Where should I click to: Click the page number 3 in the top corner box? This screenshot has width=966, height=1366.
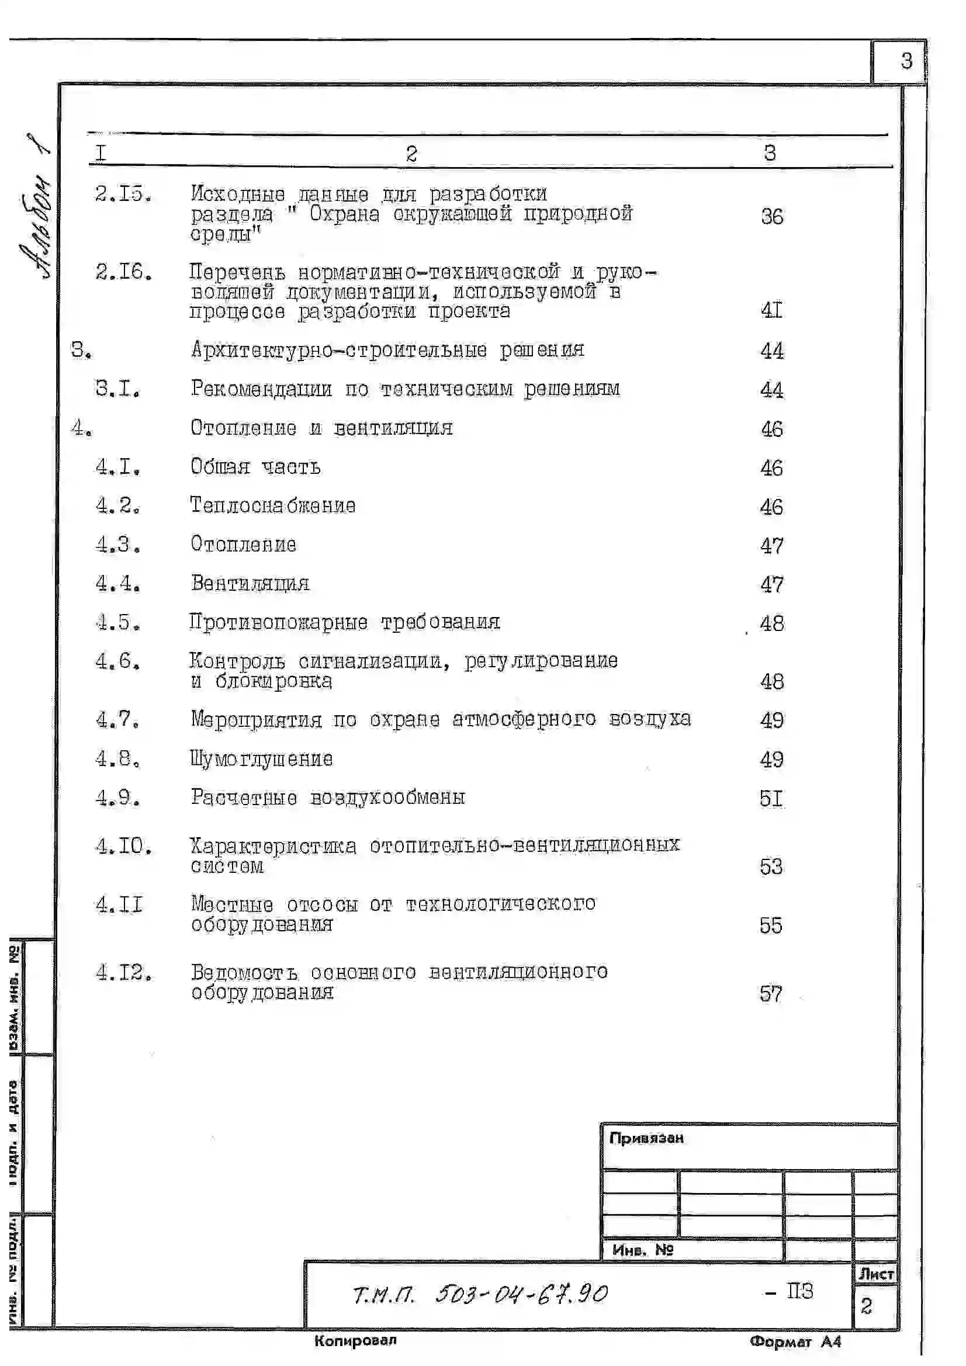[906, 61]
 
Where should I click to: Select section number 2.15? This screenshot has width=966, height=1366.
[123, 193]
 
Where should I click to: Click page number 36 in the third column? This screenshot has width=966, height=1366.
[772, 216]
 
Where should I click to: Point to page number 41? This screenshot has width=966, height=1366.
[771, 310]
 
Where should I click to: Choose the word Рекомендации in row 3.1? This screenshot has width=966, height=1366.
[261, 389]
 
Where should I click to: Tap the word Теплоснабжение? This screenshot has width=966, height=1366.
[272, 505]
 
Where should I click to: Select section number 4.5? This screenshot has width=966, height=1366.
[118, 622]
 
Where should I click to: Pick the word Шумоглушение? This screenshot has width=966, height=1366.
[261, 758]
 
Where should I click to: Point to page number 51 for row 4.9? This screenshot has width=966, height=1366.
[771, 798]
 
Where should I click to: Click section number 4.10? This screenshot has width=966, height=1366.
[123, 845]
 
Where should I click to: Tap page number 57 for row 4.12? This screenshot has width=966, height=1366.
[771, 994]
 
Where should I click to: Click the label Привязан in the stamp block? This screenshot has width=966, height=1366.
[646, 1138]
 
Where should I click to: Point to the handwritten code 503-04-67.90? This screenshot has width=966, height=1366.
[521, 1295]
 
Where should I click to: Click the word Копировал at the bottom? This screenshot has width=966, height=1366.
[355, 1340]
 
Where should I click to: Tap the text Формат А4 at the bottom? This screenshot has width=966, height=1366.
[795, 1341]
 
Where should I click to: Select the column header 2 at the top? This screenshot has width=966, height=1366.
[411, 154]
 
